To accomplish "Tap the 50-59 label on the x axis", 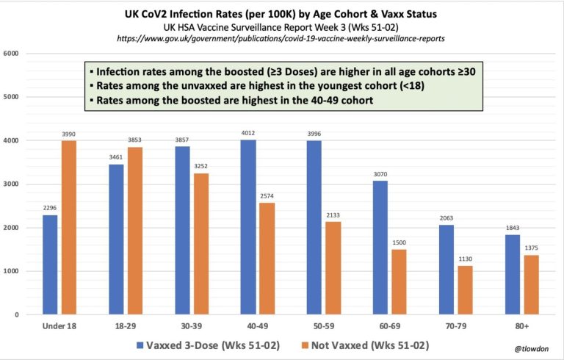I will click(328, 323).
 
